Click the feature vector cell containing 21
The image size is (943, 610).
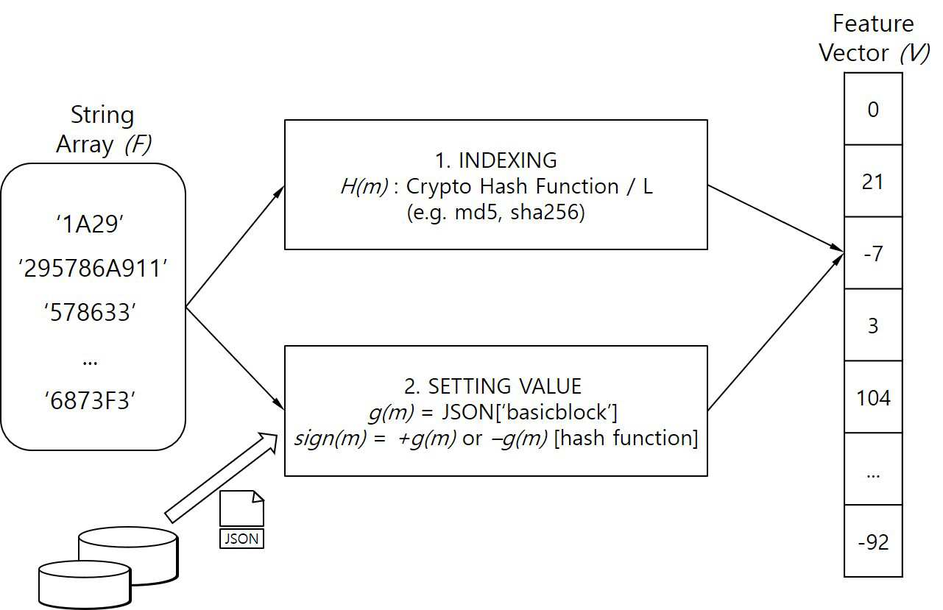point(873,181)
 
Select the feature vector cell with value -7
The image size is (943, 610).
point(873,253)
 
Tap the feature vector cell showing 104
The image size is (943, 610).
point(873,397)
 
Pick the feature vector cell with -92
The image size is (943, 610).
point(873,541)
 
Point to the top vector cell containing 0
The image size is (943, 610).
point(873,109)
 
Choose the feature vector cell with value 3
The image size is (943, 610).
point(873,324)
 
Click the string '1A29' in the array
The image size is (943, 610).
point(90,224)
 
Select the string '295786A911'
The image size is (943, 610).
point(93,269)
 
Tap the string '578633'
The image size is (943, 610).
point(90,313)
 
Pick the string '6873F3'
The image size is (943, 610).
point(90,400)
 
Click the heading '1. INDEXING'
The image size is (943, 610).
point(496,160)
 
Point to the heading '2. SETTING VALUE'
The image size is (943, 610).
point(493,386)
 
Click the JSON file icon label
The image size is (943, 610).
point(241,539)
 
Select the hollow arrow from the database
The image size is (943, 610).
point(222,478)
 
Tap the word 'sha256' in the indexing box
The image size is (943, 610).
point(545,212)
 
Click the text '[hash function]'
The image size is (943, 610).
point(626,438)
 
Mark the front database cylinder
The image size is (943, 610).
point(85,584)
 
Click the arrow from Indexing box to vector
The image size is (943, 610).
point(776,219)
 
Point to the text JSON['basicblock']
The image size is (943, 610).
point(529,412)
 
